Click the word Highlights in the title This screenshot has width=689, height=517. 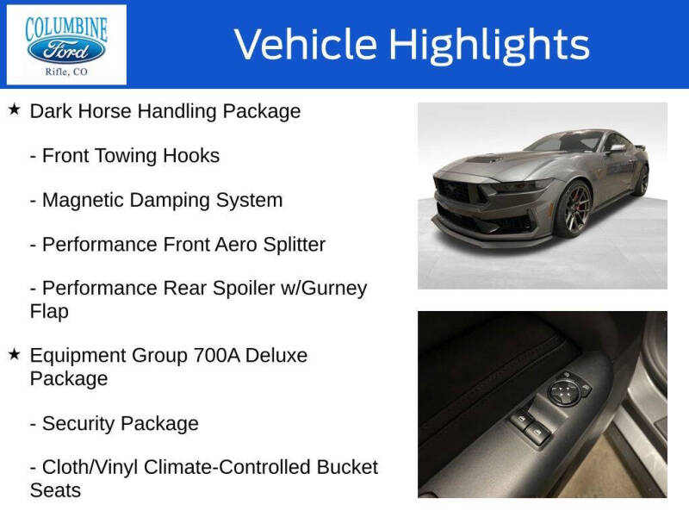(489, 44)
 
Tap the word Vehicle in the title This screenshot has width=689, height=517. (306, 44)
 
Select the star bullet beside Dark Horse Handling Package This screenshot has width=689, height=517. (14, 110)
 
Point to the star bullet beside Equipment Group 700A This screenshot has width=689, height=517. (14, 354)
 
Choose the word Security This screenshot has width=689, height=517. (78, 424)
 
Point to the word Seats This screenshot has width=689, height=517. (55, 490)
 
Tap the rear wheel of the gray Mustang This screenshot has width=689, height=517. (641, 180)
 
